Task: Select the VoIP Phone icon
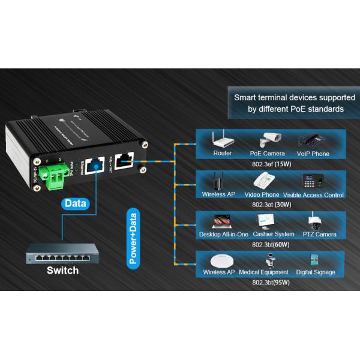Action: pyautogui.click(x=312, y=140)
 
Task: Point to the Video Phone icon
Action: pyautogui.click(x=262, y=181)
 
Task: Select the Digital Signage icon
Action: pyautogui.click(x=315, y=260)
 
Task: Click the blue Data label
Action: pyautogui.click(x=76, y=203)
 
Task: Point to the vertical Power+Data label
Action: pyautogui.click(x=132, y=236)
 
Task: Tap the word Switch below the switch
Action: pyautogui.click(x=62, y=271)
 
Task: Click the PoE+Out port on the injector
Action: pyautogui.click(x=125, y=161)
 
